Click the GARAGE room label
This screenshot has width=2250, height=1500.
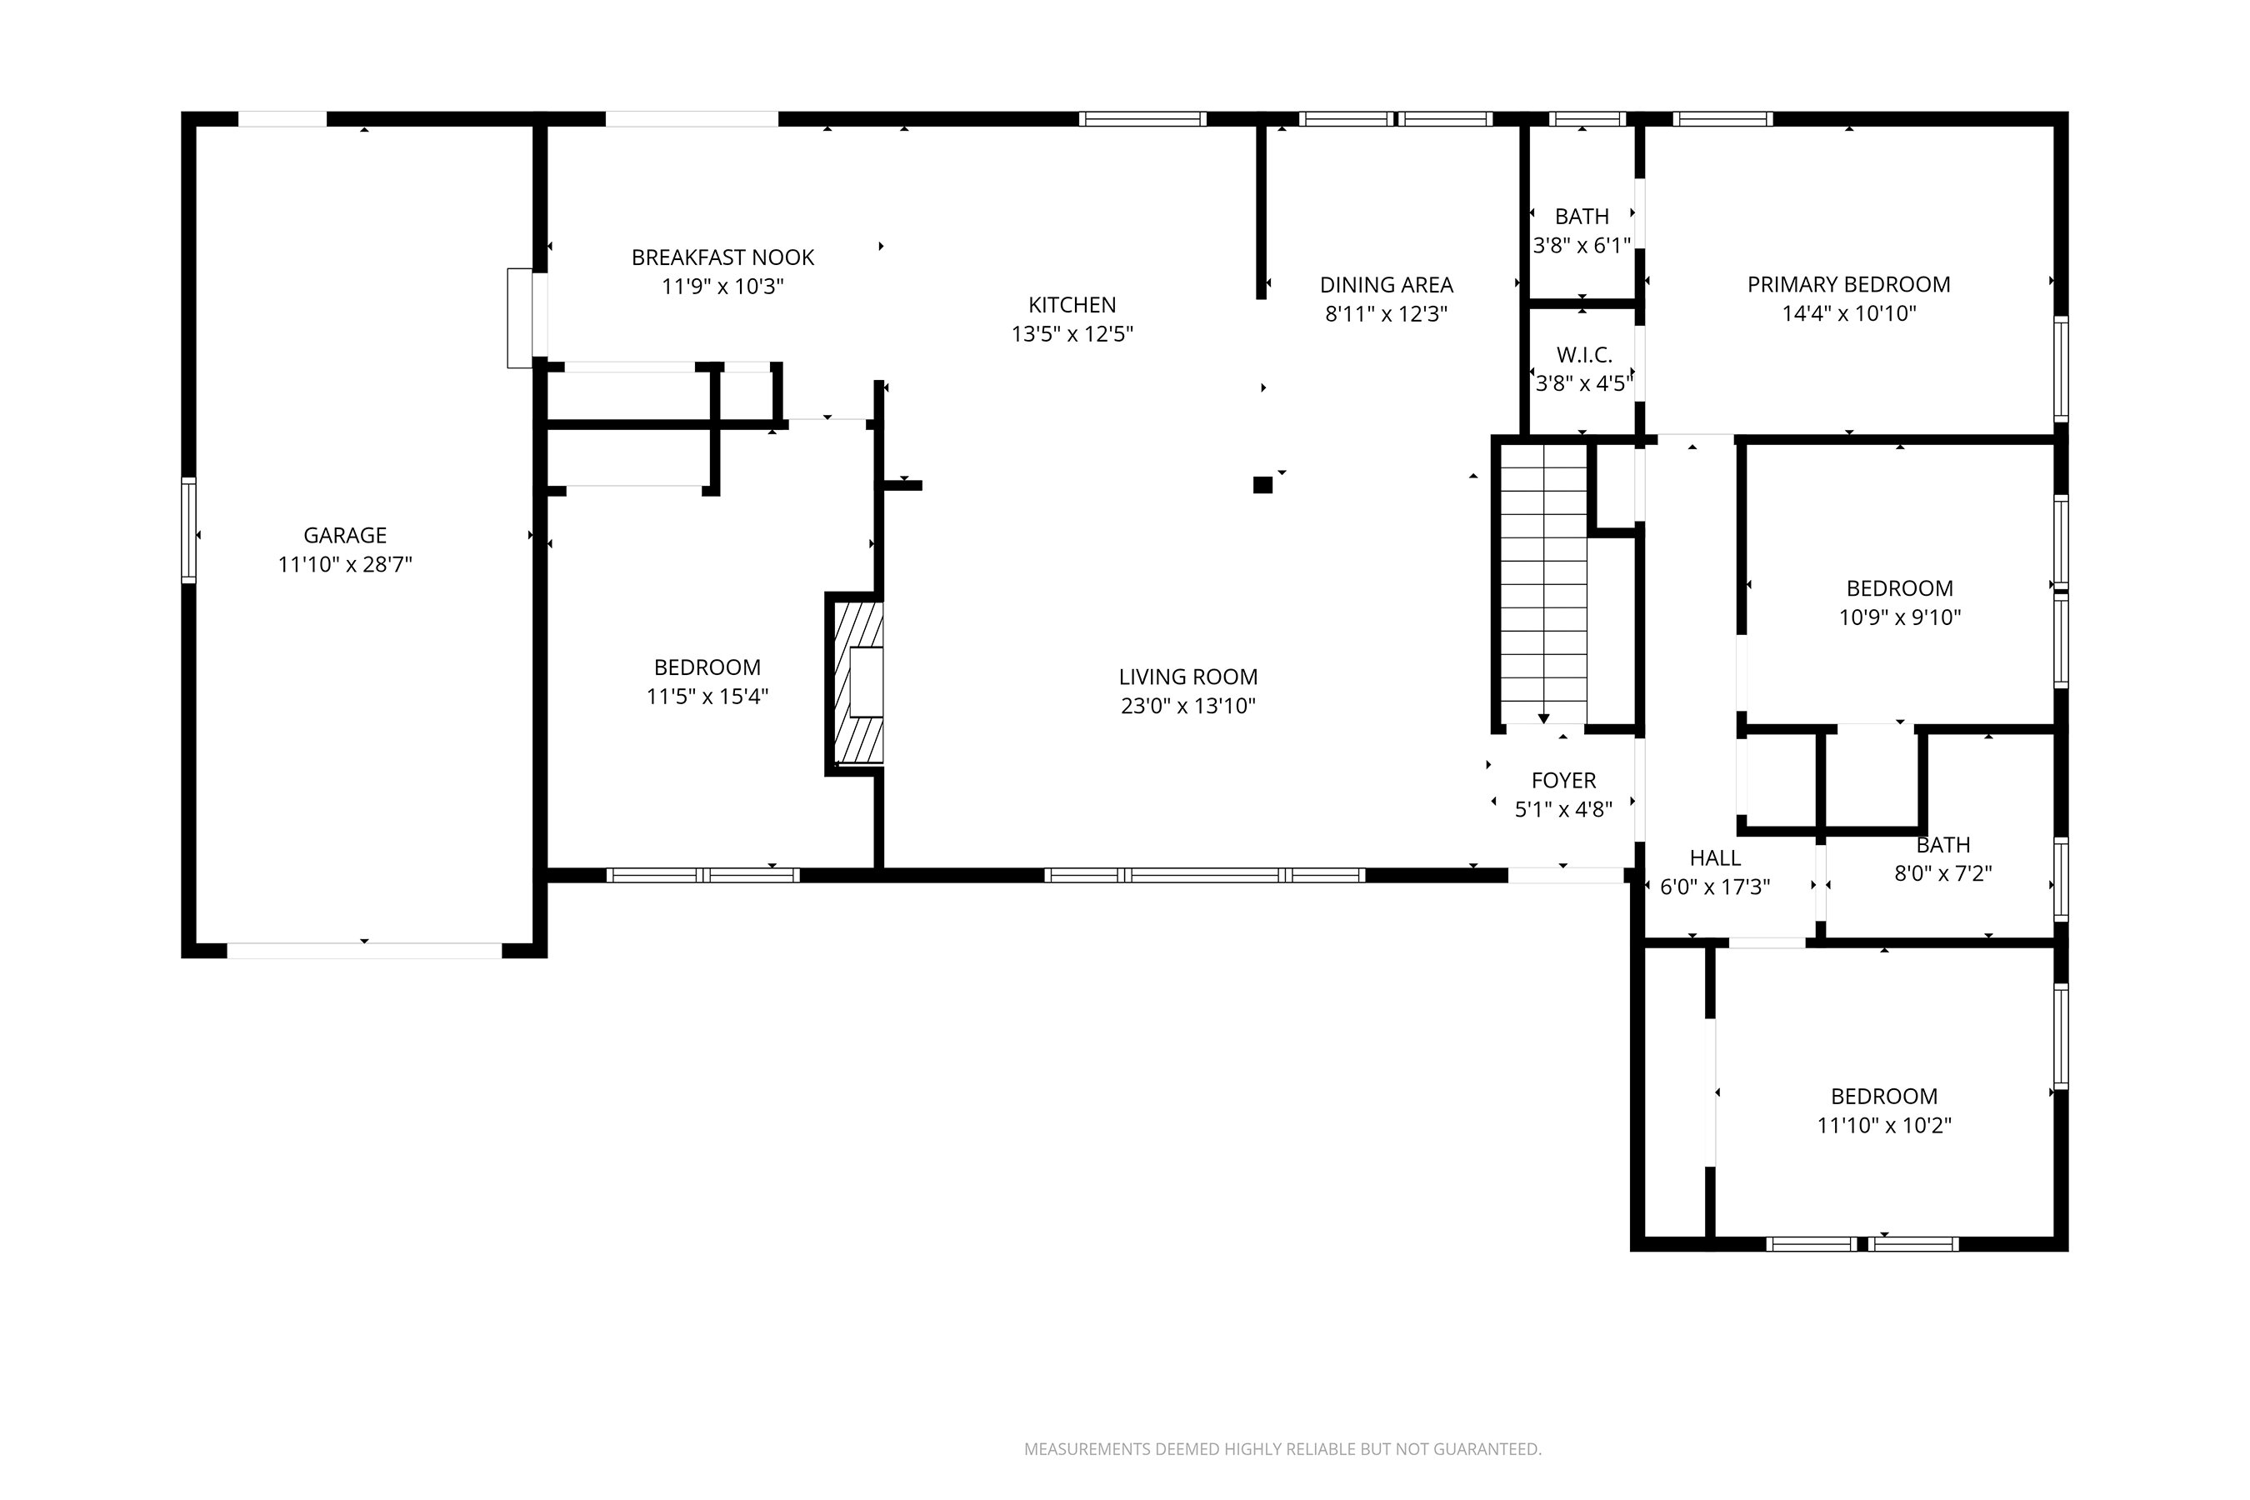344,536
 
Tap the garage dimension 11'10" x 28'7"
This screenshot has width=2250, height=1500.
344,564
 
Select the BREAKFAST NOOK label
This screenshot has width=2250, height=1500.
722,257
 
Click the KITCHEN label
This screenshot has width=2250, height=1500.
1072,305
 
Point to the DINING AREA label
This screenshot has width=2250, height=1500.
1386,285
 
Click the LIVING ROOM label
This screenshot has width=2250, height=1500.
1187,677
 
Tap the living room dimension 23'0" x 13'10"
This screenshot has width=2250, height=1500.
1187,706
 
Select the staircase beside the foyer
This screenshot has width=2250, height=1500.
1542,583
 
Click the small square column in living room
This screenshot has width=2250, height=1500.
1262,485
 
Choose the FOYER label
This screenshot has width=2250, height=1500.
1563,781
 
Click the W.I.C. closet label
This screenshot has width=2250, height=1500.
1584,355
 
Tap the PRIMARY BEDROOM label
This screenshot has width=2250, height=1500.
1848,285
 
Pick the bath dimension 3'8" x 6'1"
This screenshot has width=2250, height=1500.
1582,246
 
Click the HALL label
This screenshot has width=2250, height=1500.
1714,858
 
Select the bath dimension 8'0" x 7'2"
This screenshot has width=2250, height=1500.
1943,873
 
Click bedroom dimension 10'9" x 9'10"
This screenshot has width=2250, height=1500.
1899,618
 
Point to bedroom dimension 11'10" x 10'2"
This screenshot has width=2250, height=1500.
1883,1125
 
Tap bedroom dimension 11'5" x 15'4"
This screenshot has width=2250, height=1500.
707,697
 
